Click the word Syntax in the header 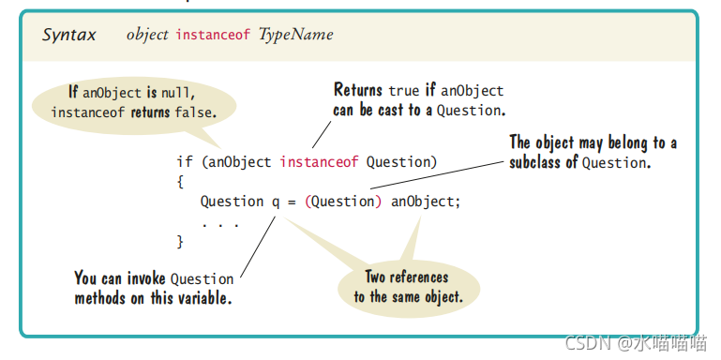68,36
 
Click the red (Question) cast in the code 343,202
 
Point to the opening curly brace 180,182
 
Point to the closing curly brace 180,242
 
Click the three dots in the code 219,222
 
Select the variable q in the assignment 276,202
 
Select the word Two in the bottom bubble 378,277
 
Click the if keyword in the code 184,162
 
